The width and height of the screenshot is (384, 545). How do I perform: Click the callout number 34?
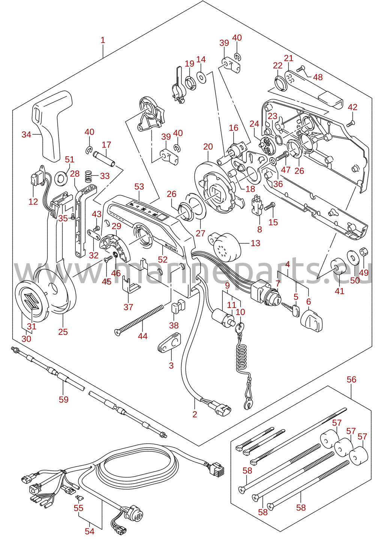tap(27, 134)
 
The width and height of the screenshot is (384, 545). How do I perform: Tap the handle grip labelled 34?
tap(52, 126)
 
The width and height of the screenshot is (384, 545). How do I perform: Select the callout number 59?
tap(64, 399)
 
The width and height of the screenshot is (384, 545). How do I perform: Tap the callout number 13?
tap(255, 243)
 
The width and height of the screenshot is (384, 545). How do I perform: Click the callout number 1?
tap(103, 40)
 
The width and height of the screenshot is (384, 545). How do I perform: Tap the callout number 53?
tap(139, 187)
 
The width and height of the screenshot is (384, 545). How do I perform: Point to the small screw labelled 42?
tap(350, 123)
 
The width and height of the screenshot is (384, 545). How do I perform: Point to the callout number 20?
tap(208, 146)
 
